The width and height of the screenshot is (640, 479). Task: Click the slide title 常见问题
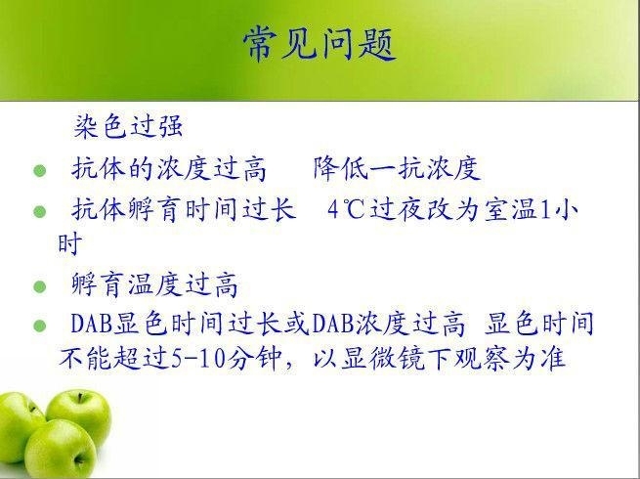tap(320, 44)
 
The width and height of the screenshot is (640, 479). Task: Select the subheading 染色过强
tap(128, 126)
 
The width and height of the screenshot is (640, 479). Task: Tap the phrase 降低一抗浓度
tap(397, 168)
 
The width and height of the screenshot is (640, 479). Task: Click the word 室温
tap(511, 210)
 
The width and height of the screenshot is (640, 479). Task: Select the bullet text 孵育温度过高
tap(154, 284)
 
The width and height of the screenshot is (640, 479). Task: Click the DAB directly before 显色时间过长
tap(92, 324)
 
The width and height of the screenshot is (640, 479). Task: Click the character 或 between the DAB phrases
tap(298, 324)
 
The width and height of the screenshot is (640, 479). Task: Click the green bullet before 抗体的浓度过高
tap(40, 171)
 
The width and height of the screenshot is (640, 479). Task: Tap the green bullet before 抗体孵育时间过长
tap(40, 212)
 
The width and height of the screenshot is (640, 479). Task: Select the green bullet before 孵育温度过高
tap(40, 286)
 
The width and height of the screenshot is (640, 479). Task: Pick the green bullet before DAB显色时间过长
tap(40, 326)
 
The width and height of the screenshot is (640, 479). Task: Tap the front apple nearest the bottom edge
tap(60, 450)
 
